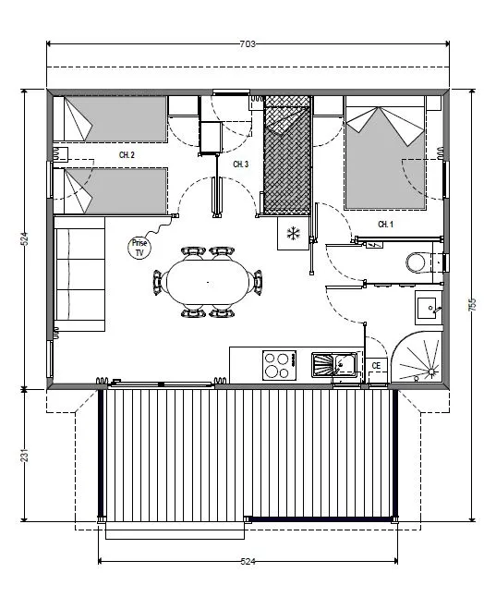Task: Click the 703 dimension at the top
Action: tap(247, 43)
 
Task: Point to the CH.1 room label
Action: tap(385, 225)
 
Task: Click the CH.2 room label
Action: tap(127, 155)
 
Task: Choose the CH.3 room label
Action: tap(240, 164)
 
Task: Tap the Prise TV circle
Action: tap(139, 247)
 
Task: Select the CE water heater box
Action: tap(376, 366)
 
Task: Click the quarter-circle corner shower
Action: tap(420, 359)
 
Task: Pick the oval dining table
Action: tap(207, 281)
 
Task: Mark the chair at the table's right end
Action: tap(258, 280)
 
